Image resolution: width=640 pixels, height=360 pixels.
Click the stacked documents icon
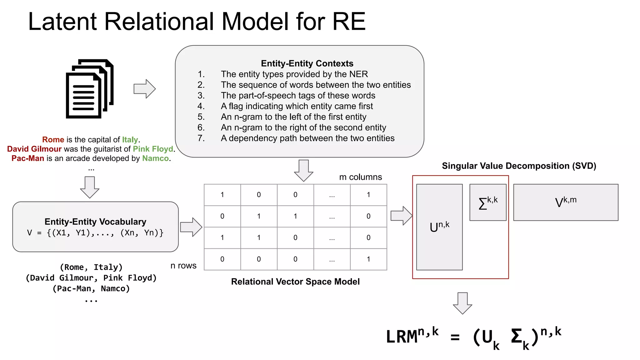[x=89, y=89]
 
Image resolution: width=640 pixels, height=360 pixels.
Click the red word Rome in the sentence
[x=53, y=140]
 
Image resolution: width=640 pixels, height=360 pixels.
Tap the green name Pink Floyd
[x=153, y=149]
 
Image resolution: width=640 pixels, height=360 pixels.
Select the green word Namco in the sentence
[x=155, y=158]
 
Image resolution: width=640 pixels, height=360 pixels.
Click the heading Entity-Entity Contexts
[x=307, y=63]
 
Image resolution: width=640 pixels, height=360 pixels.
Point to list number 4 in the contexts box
[x=201, y=106]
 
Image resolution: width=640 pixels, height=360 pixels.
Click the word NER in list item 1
[x=358, y=74]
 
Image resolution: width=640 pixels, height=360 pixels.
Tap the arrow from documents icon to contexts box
[x=144, y=89]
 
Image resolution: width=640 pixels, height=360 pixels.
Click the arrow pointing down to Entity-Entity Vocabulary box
[x=90, y=187]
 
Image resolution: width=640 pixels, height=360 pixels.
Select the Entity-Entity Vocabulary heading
[x=95, y=222]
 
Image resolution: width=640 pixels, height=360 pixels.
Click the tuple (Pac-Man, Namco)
[x=91, y=288]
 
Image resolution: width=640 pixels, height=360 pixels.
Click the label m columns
[x=360, y=177]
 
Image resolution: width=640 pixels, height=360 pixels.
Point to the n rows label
[x=183, y=266]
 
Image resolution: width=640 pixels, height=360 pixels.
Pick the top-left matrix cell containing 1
[x=222, y=195]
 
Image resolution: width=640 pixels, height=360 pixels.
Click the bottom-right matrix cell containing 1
[x=368, y=259]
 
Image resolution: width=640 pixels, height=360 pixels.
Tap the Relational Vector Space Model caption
[x=295, y=282]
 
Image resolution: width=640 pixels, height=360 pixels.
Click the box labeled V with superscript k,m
[x=566, y=202]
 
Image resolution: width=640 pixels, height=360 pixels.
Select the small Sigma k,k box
[x=488, y=202]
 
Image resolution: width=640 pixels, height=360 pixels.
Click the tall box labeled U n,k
[x=439, y=227]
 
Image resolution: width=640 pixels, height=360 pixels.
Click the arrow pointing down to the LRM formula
[x=462, y=303]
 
